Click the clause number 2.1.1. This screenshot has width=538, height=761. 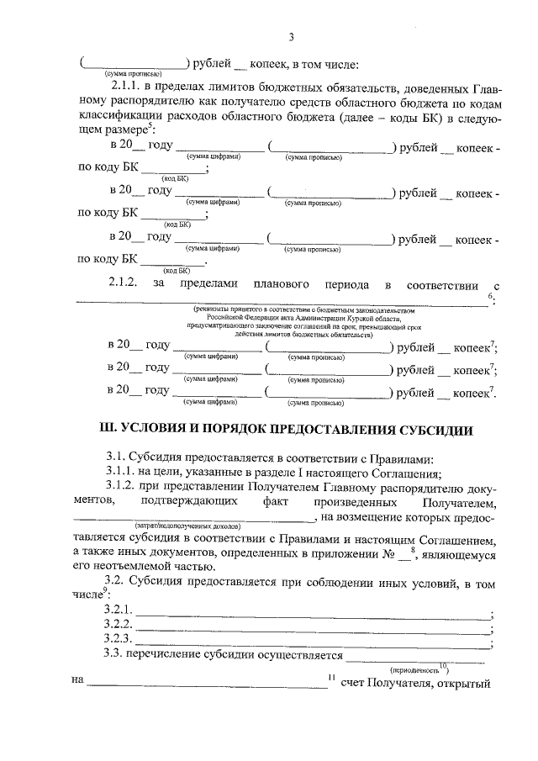[126, 87]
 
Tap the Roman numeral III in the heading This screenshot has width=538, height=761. [108, 430]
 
